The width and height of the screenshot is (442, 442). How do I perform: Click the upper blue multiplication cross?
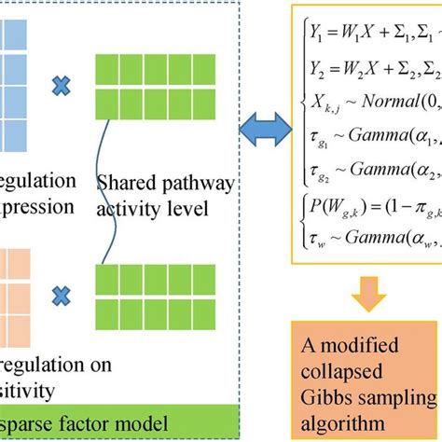(61, 87)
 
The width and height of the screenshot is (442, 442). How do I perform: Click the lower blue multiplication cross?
(61, 294)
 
